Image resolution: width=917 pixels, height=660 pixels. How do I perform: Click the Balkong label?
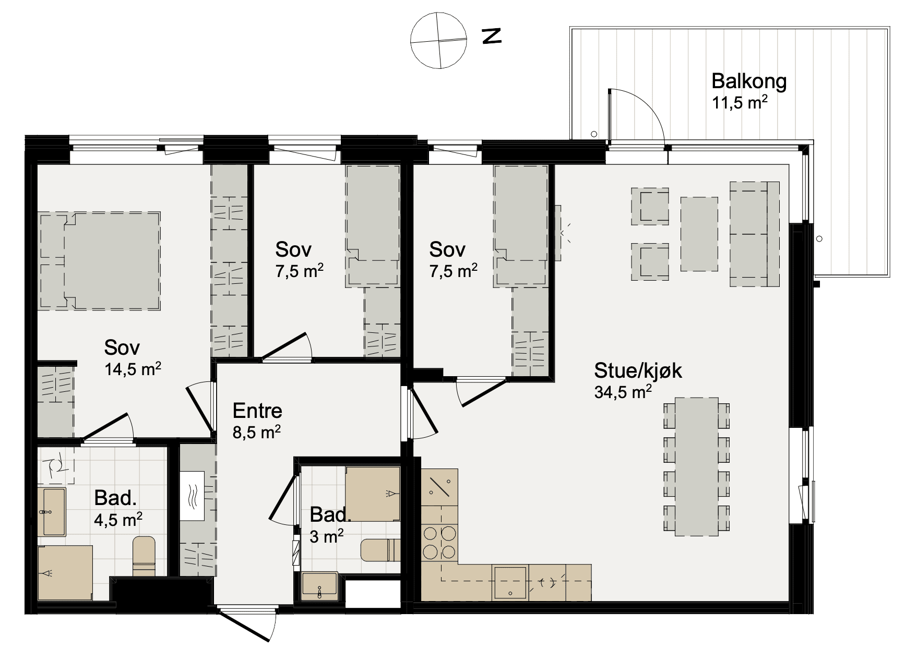coord(749,81)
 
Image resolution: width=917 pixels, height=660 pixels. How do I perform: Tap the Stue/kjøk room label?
coord(638,370)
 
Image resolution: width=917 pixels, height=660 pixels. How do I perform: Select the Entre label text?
coord(257,411)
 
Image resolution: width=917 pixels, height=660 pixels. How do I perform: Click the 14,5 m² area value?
coord(133,369)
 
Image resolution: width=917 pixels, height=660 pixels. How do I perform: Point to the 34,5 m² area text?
coord(623,392)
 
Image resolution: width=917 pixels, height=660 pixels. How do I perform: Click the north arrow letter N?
coord(491,36)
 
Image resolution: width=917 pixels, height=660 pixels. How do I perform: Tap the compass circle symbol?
coord(438,40)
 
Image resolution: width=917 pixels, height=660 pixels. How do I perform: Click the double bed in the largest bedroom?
coord(99,261)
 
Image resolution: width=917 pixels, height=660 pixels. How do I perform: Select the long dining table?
coord(697,466)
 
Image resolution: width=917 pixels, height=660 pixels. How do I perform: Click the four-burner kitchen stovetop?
coord(439,542)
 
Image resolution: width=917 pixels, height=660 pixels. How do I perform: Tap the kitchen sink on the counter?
coord(510,582)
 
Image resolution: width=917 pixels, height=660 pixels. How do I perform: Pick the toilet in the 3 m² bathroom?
coord(380,550)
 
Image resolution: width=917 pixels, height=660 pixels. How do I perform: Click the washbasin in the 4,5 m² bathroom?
coord(52,512)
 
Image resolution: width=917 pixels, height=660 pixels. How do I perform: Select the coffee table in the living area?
coord(699,234)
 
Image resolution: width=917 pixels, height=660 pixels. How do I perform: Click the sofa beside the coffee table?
coord(755,234)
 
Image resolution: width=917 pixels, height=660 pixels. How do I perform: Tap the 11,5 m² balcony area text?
coord(740,102)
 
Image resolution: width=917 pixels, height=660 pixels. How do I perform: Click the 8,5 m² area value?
coord(256,432)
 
